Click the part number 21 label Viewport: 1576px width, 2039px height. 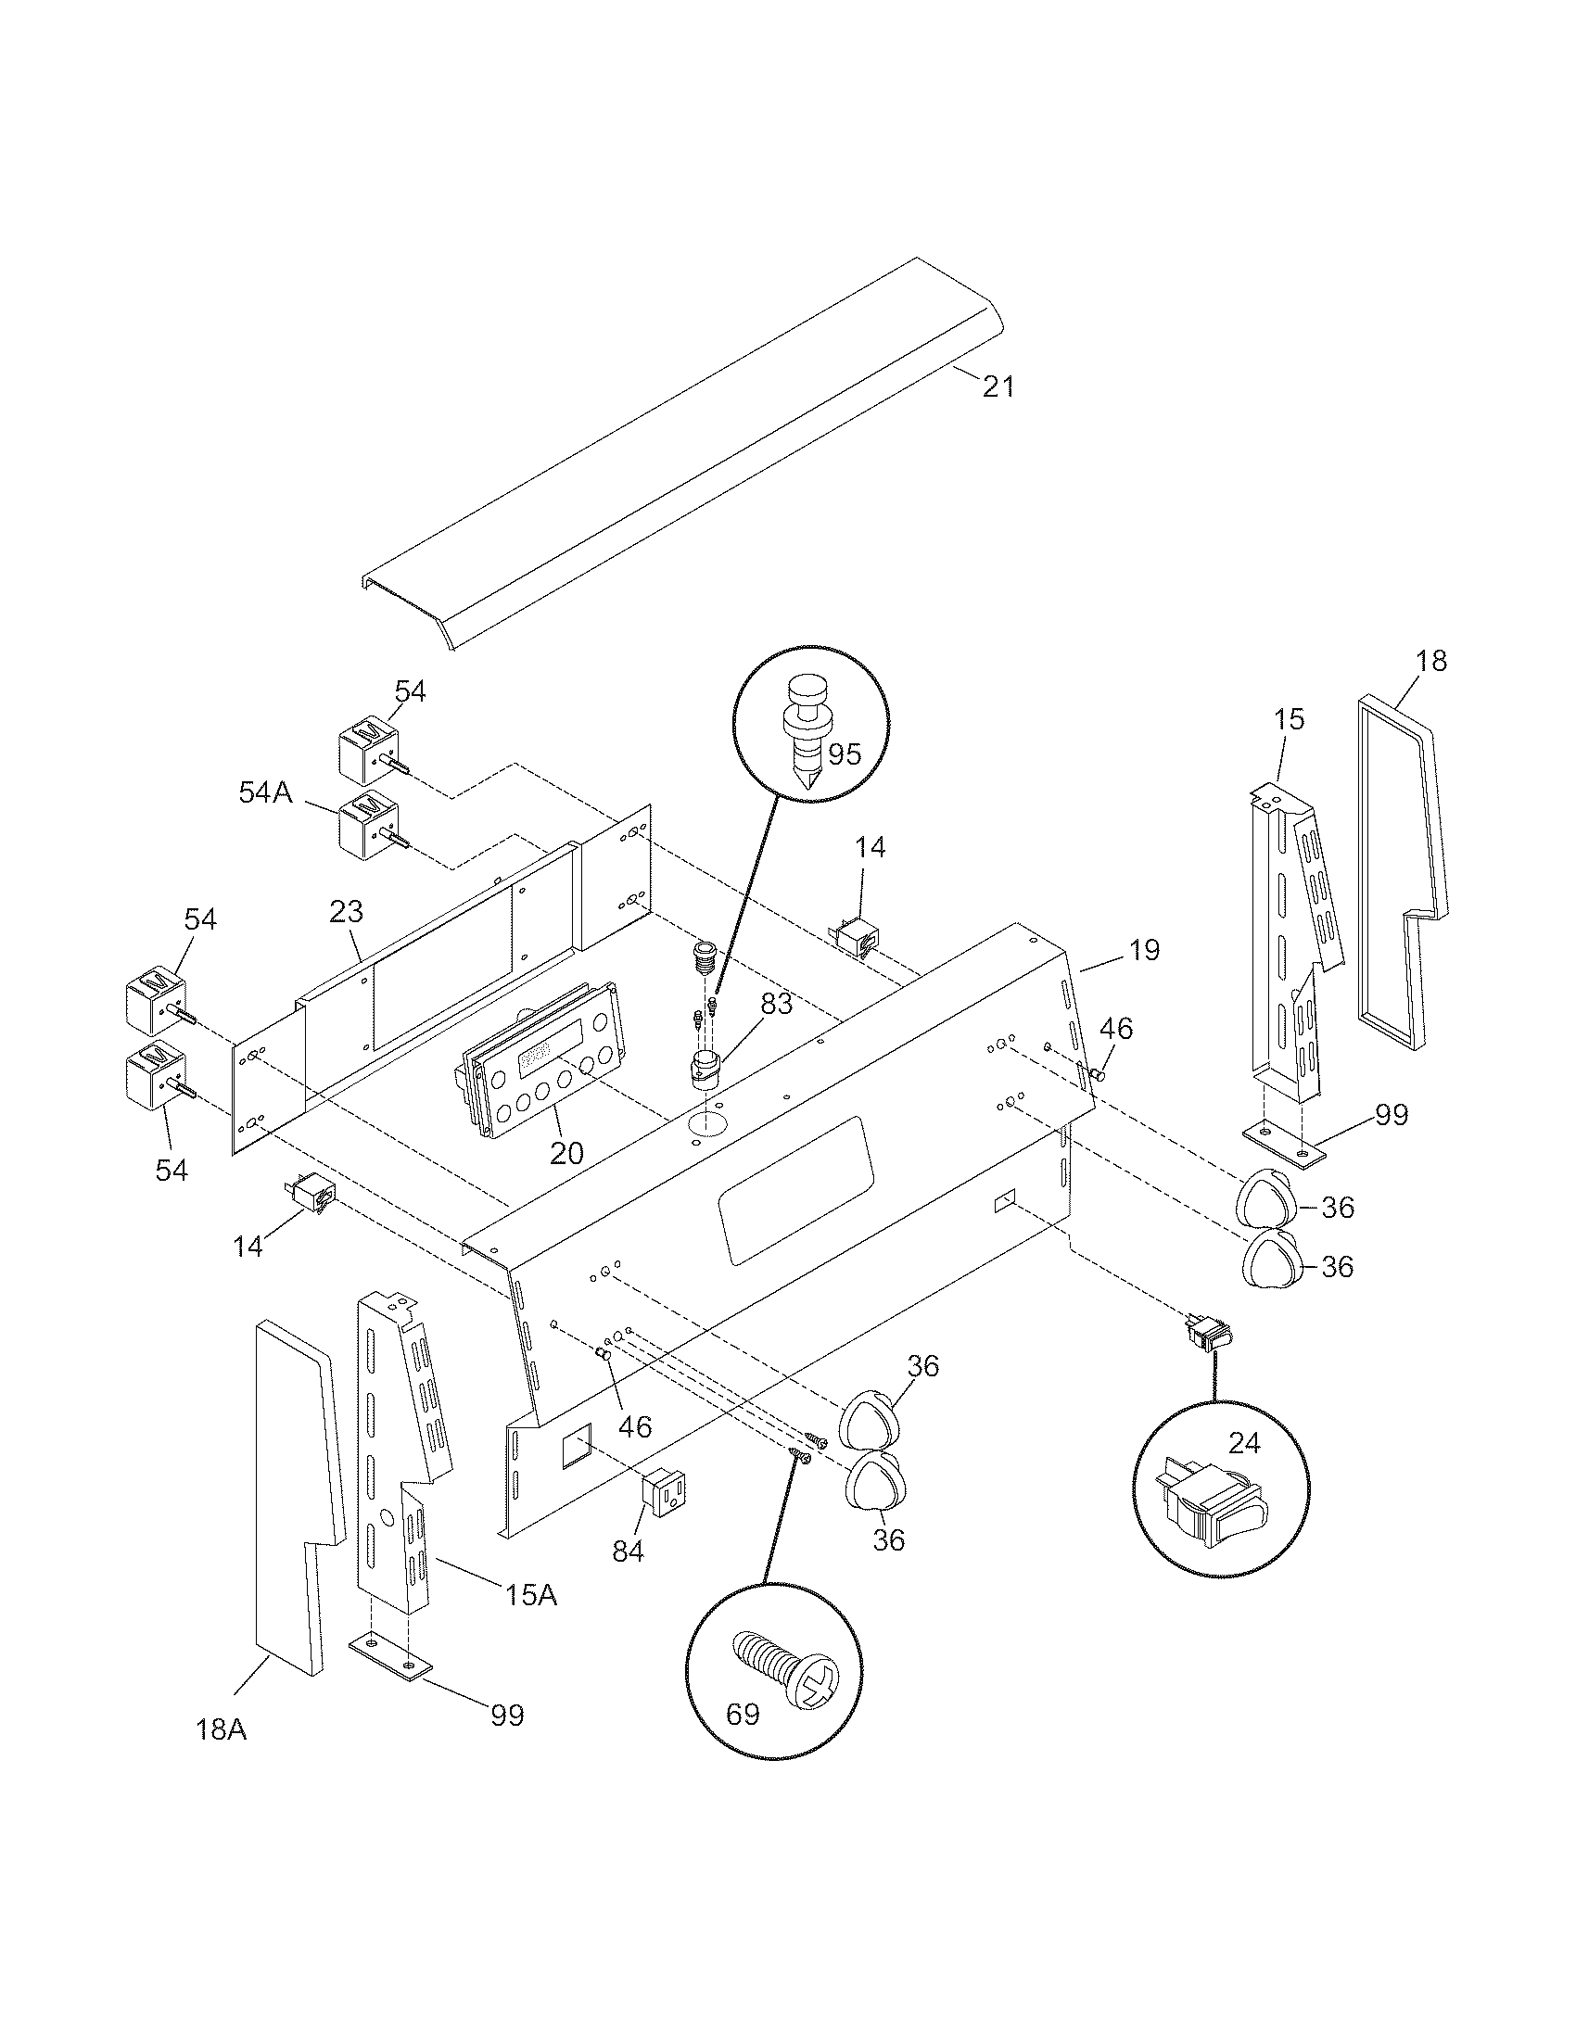click(x=998, y=386)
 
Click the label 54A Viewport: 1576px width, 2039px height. click(x=266, y=792)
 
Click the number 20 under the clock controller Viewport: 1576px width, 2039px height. click(x=566, y=1153)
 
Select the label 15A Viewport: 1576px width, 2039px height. click(x=531, y=1596)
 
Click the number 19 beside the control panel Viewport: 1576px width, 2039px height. click(x=1144, y=950)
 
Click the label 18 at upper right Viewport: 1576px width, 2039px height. click(x=1431, y=661)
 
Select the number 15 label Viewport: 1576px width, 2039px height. click(x=1288, y=719)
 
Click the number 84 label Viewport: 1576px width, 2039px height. click(x=629, y=1551)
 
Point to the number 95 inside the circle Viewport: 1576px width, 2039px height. click(x=844, y=754)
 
